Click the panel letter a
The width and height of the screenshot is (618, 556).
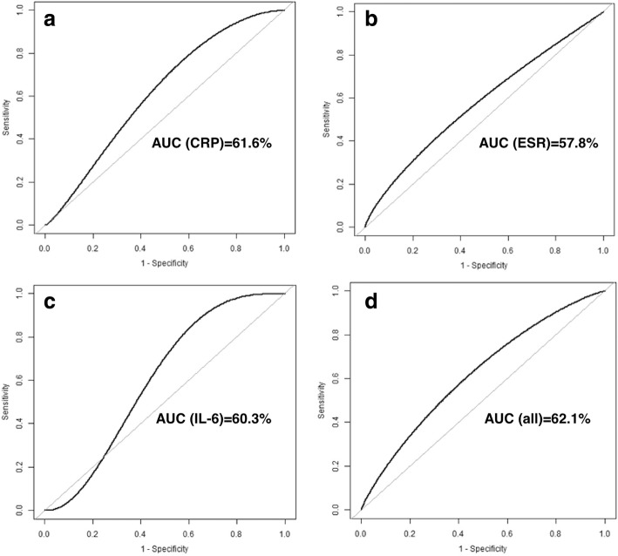53,18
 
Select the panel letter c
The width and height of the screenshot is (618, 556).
53,302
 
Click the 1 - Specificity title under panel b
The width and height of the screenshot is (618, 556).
484,261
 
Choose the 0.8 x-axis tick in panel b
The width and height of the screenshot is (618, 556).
555,247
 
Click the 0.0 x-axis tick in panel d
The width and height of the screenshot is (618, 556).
363,531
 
